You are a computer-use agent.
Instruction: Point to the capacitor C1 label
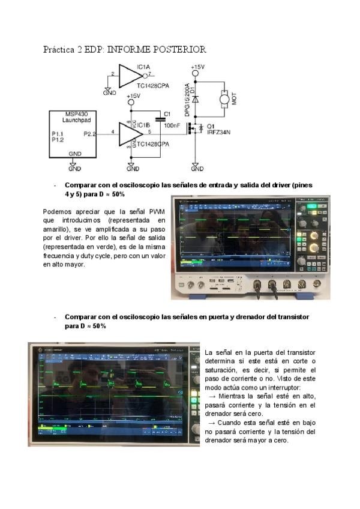coord(167,113)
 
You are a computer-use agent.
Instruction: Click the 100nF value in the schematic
coord(172,125)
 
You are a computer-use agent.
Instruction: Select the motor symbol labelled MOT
coord(224,98)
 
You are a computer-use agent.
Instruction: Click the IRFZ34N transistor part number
coord(219,133)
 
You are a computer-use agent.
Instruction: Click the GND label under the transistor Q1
coord(194,169)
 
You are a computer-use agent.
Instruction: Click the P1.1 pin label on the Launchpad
coord(58,133)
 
